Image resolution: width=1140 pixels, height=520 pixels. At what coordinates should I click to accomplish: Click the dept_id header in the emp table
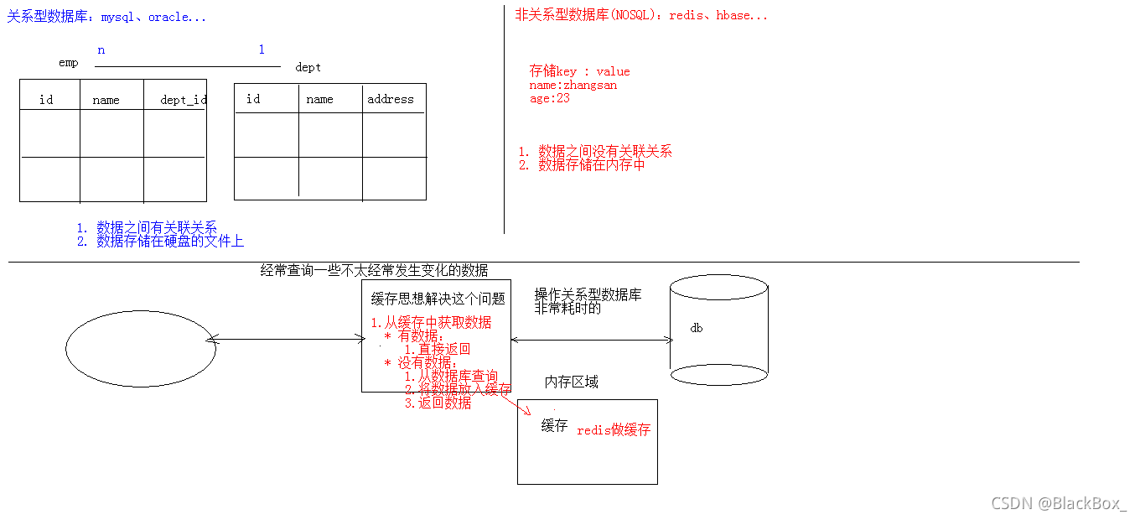tap(184, 100)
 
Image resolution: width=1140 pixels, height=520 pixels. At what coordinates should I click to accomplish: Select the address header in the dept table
tap(391, 99)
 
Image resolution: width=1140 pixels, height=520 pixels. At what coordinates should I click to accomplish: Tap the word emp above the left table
tap(69, 63)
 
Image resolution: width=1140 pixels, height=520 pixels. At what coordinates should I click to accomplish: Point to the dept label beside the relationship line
tap(308, 67)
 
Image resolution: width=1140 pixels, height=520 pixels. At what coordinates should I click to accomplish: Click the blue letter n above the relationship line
tap(101, 50)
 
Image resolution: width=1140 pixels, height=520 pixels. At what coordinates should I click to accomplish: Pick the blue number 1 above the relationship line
tap(262, 50)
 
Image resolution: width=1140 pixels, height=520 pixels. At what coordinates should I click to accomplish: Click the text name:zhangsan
tap(573, 85)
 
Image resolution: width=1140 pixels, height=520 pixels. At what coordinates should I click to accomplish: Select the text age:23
tap(550, 97)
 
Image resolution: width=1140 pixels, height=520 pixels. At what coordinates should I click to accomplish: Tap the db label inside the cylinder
tap(696, 328)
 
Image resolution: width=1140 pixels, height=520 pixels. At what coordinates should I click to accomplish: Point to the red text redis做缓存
tap(614, 429)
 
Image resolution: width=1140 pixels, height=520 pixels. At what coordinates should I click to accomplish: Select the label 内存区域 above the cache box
tap(572, 382)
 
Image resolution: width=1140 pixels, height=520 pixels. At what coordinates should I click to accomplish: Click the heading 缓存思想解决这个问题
tap(438, 299)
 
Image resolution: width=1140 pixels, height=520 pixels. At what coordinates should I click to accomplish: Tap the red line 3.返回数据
tap(438, 403)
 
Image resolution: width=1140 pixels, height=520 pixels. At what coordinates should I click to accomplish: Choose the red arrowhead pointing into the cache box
tap(528, 411)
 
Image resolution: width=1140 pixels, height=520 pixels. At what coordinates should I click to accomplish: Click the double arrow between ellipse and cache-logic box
tap(285, 340)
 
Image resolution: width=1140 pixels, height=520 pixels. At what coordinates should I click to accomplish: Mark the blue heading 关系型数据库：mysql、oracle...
tap(106, 17)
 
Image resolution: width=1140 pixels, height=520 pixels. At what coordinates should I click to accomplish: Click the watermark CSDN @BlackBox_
tap(1059, 503)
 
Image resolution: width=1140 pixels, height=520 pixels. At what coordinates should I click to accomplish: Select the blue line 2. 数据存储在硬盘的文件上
tap(160, 242)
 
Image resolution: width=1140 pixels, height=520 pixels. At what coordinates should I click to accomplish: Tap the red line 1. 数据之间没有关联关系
tap(595, 152)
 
